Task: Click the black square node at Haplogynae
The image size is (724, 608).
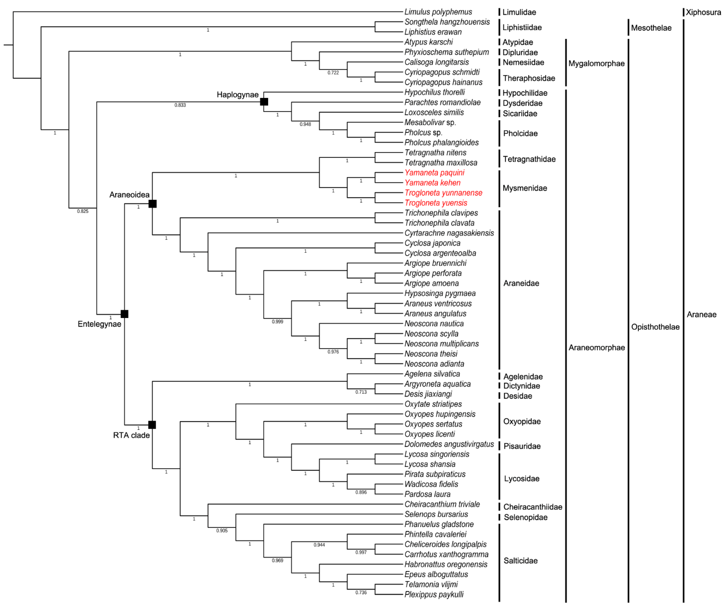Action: coord(264,102)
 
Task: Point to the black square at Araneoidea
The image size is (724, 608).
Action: coord(152,204)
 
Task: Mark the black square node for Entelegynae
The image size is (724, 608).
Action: coord(124,314)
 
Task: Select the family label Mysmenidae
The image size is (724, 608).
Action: coord(525,188)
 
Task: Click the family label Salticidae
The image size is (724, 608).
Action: coord(521,561)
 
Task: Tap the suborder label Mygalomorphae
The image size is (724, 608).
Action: coord(596,63)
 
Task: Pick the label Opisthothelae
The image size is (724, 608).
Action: coord(655,327)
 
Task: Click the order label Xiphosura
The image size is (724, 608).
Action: coord(703,12)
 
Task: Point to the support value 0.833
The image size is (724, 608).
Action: coord(180,105)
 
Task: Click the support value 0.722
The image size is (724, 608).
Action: coord(333,73)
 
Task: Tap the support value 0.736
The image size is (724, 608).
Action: coord(361,592)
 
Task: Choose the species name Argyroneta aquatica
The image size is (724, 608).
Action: coord(438,384)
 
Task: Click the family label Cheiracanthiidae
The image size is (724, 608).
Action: coord(533,507)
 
